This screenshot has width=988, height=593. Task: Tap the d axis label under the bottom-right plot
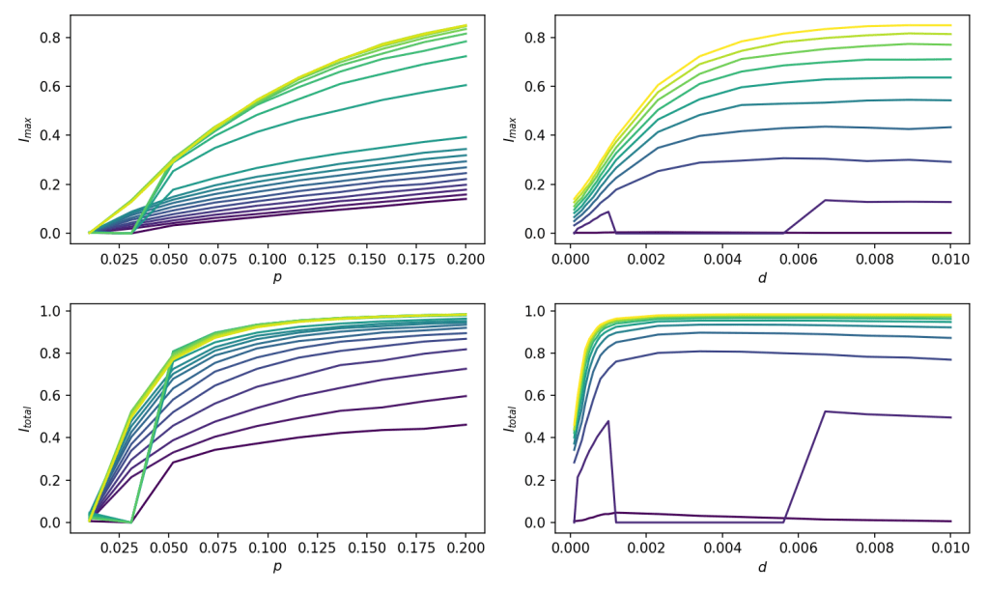click(x=762, y=567)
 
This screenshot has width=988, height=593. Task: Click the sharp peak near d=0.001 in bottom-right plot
click(x=607, y=421)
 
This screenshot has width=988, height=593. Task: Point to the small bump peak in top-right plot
click(x=607, y=212)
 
